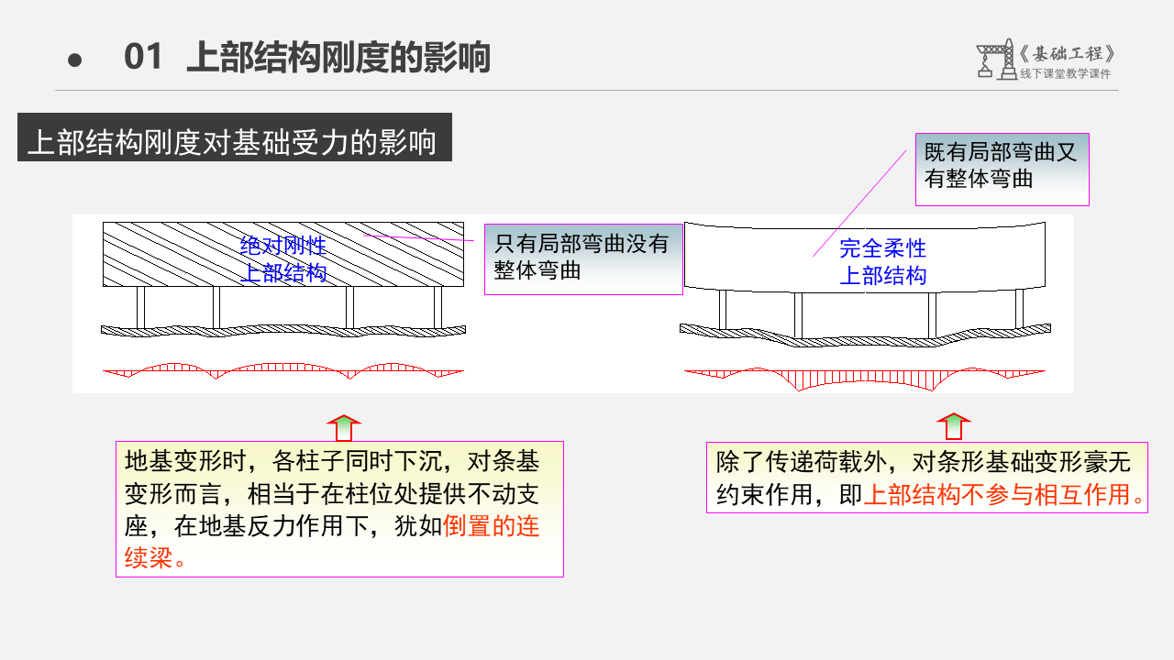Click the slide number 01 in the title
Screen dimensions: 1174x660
tap(143, 57)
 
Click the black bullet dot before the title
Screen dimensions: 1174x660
tap(75, 60)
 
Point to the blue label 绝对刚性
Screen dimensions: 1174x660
tap(283, 246)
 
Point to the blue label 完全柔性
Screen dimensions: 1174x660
tap(882, 248)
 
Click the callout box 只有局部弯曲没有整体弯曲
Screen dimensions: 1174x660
tap(583, 258)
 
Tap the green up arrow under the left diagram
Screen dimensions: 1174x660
tap(344, 428)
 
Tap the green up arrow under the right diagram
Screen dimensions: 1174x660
tap(954, 428)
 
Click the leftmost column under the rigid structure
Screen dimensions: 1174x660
tap(140, 306)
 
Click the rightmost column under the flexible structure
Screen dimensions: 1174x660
tap(1018, 308)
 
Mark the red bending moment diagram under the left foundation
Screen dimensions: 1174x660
tap(283, 370)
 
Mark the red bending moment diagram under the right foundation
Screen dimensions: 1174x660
tap(864, 377)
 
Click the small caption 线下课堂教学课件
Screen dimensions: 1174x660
tap(1065, 74)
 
